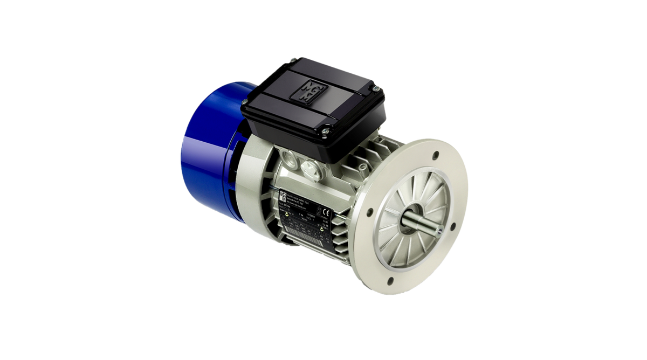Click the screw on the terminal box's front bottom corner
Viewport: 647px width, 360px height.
tap(326, 129)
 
